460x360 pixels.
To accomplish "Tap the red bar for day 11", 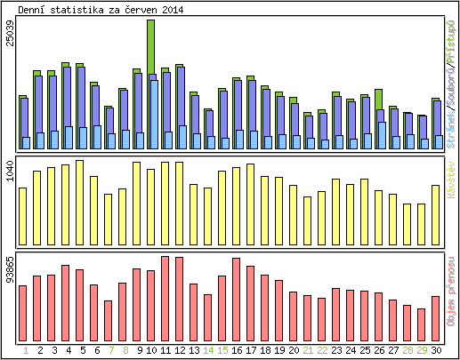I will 165,299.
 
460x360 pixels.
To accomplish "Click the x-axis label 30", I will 436,350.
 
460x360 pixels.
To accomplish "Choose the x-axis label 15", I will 222,350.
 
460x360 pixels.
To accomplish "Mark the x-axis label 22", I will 322,350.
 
